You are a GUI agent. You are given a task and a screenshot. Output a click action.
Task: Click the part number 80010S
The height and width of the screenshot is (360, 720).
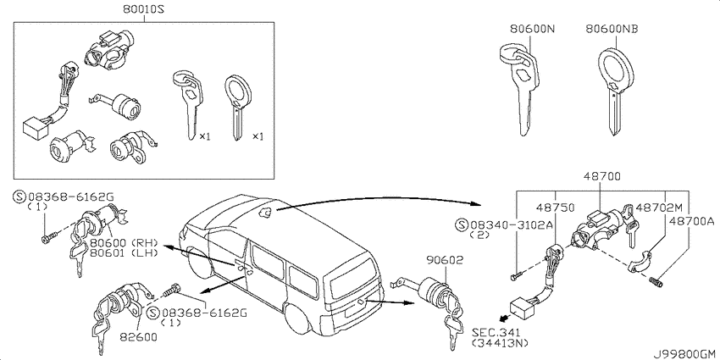coord(143,8)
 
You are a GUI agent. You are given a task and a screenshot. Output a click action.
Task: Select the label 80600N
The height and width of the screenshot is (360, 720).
coord(532,29)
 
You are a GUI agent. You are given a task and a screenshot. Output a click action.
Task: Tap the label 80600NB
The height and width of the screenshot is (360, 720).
coord(612,29)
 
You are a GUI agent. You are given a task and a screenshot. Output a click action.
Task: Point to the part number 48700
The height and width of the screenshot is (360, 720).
coord(602,176)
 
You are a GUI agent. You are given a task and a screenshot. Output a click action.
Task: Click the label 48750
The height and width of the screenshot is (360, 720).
coord(556,208)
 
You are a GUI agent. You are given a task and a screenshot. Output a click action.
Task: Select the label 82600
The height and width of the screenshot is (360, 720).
coord(138,336)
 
